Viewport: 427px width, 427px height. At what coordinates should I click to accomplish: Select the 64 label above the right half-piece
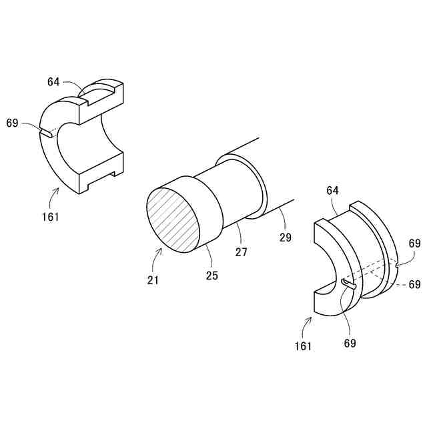point(333,191)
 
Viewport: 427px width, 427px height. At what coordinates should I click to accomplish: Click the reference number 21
point(153,280)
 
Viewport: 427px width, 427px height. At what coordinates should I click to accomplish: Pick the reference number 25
point(211,274)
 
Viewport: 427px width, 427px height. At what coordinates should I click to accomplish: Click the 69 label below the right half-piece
point(350,343)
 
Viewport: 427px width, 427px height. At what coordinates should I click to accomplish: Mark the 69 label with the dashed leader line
point(414,285)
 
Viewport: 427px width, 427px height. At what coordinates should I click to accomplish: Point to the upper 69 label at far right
point(414,244)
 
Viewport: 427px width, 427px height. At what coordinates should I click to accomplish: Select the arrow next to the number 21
point(158,256)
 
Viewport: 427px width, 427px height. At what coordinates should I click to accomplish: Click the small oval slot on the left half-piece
point(47,134)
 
